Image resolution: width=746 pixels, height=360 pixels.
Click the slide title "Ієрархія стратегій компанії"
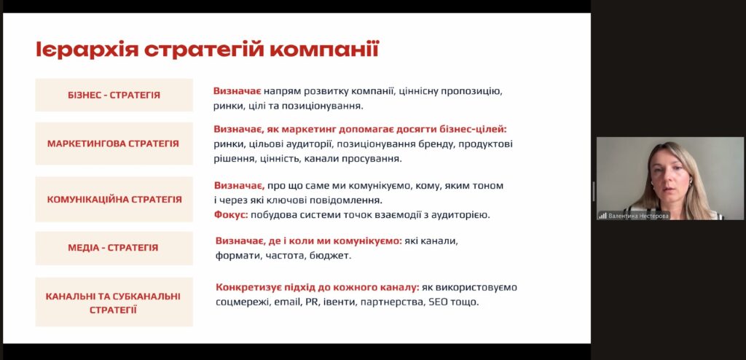(208, 50)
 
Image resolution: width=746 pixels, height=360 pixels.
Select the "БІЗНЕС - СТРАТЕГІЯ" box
(114, 95)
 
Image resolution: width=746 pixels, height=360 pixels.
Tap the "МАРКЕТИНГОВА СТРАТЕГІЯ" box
(114, 144)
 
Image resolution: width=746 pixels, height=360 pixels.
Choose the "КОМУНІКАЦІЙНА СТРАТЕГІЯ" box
(114, 199)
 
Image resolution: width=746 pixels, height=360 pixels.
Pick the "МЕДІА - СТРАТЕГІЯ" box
(114, 248)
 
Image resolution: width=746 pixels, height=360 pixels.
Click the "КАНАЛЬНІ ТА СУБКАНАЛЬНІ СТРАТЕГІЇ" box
(114, 302)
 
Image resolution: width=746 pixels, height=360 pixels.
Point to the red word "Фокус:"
(231, 215)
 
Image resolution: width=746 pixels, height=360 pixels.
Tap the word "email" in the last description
(287, 302)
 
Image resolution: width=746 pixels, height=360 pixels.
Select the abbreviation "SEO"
(438, 302)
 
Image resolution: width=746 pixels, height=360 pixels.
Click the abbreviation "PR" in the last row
(310, 302)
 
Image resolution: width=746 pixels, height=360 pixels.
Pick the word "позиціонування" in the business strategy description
(322, 106)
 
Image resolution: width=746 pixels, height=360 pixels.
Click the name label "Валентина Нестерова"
(638, 216)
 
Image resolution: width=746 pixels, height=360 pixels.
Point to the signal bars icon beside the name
(602, 216)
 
